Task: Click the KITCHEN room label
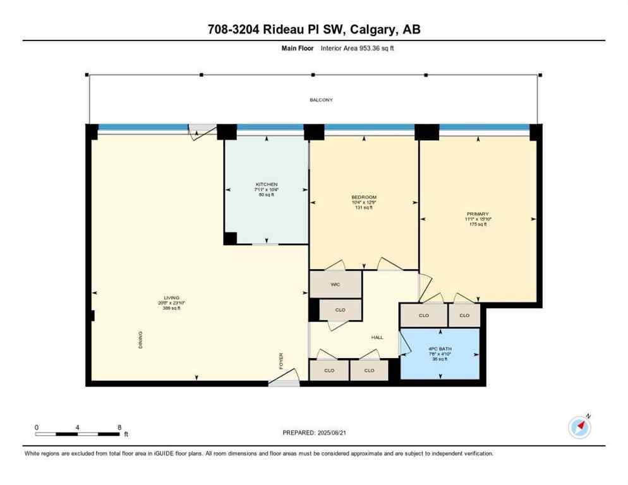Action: point(266,184)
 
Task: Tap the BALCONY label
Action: point(320,100)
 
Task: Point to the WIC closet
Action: point(335,284)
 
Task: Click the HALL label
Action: point(377,337)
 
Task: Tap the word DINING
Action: point(140,340)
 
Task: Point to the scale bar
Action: point(78,434)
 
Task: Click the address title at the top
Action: point(313,29)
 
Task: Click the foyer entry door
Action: point(282,381)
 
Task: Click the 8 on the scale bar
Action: point(119,428)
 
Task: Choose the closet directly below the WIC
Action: point(341,310)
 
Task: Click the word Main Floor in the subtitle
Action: point(294,47)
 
